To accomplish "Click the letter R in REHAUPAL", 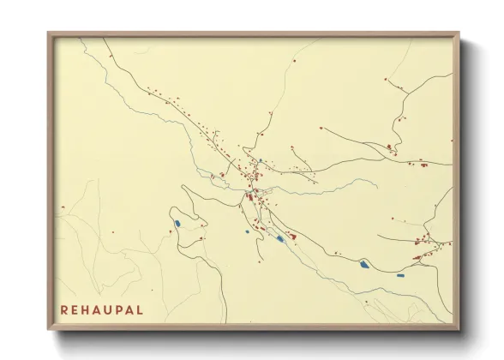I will click(x=63, y=309).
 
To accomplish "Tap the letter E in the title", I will click(x=75, y=309).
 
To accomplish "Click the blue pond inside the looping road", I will click(x=177, y=225).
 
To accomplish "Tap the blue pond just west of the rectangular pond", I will click(x=364, y=265).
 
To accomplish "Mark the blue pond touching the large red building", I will click(x=280, y=238).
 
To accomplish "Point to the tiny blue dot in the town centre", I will click(x=261, y=161).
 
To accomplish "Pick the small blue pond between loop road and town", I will click(x=246, y=231).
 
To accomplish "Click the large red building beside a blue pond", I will click(x=291, y=236).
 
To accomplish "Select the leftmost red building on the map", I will click(x=63, y=209).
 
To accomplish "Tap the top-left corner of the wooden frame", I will click(x=49, y=33).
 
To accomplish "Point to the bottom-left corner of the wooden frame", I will click(x=49, y=329).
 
